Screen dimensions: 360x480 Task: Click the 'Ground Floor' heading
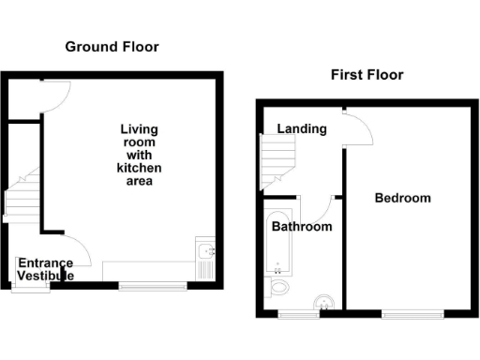(112, 47)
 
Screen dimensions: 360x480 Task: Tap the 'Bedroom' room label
(403, 198)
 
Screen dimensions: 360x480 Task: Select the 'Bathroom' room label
(301, 227)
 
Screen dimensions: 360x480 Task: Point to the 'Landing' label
(301, 128)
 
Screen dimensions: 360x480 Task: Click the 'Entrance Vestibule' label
(45, 269)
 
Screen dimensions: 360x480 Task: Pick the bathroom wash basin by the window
(322, 302)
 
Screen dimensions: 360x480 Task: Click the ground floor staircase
(21, 195)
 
